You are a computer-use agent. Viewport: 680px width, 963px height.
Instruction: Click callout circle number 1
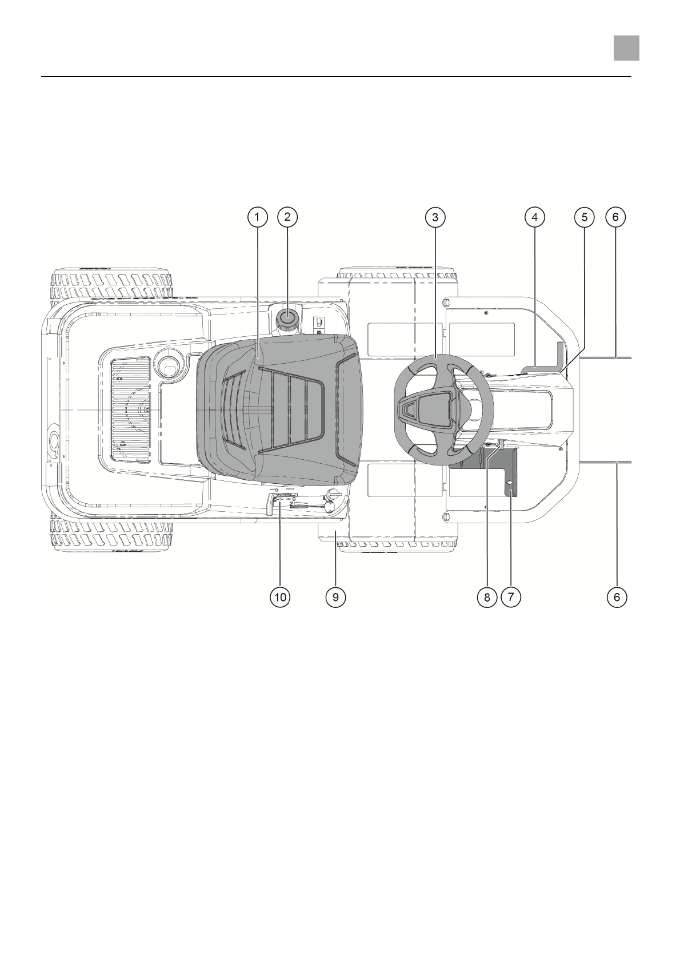(x=257, y=217)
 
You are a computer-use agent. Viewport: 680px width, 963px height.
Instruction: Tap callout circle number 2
(x=287, y=217)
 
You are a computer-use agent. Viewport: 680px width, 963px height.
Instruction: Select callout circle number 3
(x=435, y=217)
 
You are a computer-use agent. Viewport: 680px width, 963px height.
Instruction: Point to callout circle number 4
(x=534, y=217)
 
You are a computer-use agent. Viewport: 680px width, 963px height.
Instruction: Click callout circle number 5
(x=584, y=217)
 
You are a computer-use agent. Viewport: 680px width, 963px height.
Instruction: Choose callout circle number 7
(x=510, y=596)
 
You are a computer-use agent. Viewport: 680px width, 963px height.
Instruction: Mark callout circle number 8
(x=487, y=596)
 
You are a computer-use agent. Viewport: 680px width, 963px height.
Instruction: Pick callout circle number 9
(x=335, y=596)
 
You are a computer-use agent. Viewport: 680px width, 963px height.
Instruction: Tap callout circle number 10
(x=280, y=596)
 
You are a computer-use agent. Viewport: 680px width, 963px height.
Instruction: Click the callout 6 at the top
(x=615, y=217)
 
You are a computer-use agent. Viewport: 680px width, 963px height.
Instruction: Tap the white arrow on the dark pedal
(x=510, y=483)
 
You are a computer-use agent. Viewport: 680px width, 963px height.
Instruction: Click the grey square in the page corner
(x=626, y=48)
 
